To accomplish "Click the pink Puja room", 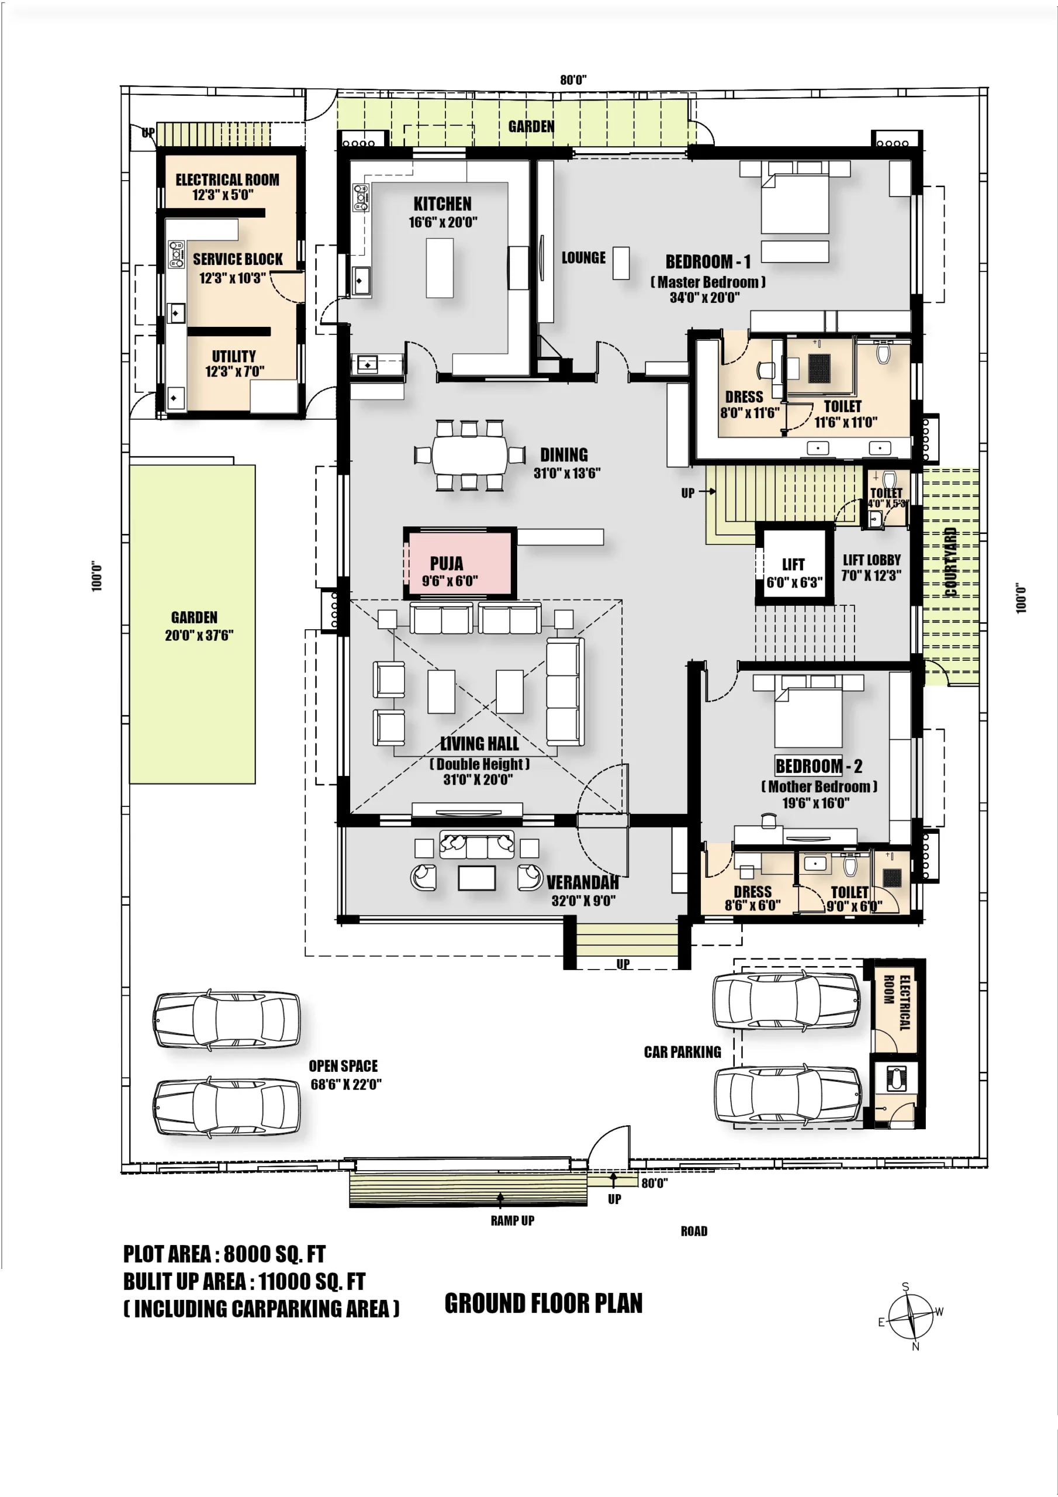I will click(459, 563).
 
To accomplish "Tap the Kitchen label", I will click(442, 203).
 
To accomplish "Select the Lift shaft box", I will click(794, 565).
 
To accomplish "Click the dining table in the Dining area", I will click(469, 454).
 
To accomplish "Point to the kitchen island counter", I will click(440, 267).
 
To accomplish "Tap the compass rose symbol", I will click(911, 1316).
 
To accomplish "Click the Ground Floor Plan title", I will click(543, 1303).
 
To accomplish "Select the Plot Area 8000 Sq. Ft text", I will click(224, 1254).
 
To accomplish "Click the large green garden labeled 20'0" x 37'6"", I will click(192, 624).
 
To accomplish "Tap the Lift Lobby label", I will click(871, 560).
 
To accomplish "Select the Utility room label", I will click(233, 356).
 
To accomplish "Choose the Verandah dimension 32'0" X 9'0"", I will click(583, 901).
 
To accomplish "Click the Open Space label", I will click(343, 1066).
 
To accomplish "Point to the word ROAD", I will click(694, 1231).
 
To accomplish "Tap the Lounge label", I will click(583, 257).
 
